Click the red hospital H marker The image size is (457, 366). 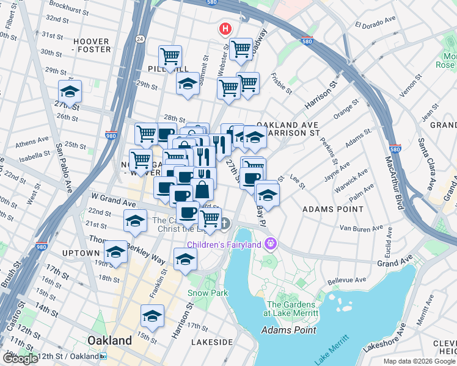[x=225, y=29]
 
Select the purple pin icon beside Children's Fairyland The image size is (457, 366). [x=270, y=245]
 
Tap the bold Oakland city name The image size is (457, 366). [x=109, y=340]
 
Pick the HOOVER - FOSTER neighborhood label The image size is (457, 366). [x=92, y=45]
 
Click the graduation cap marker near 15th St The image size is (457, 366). [x=152, y=316]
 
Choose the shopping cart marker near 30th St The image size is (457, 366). [x=170, y=57]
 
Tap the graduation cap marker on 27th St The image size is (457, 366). [x=70, y=91]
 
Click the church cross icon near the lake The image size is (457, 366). [x=225, y=224]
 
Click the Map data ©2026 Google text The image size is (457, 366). [x=419, y=361]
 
